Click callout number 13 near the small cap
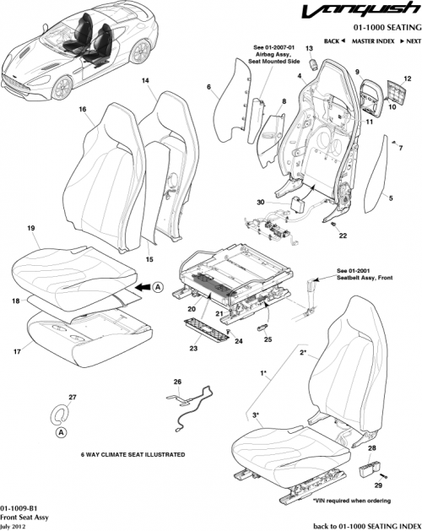pos(309,49)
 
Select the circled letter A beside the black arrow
pos(158,287)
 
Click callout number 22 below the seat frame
pos(343,236)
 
